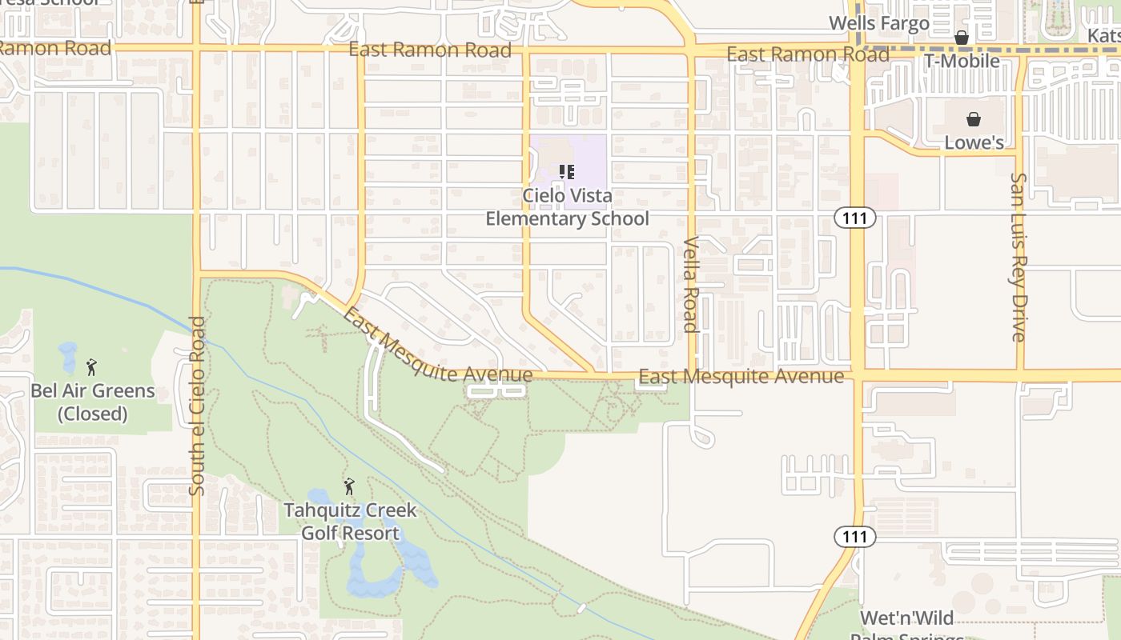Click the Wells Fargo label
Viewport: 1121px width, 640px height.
click(x=878, y=23)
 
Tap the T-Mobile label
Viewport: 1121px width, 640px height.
click(x=962, y=61)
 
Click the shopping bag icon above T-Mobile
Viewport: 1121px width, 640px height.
click(x=962, y=38)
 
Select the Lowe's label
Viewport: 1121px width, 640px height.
click(x=974, y=142)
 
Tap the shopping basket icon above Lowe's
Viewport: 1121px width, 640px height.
click(x=974, y=119)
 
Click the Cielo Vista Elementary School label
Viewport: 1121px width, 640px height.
click(x=567, y=207)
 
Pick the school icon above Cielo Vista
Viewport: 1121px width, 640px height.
click(x=567, y=172)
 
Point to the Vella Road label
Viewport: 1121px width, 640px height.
click(x=691, y=284)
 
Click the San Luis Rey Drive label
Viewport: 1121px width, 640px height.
click(x=1019, y=257)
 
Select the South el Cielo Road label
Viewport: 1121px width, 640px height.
click(x=198, y=406)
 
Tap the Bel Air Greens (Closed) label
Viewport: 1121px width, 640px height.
click(x=93, y=402)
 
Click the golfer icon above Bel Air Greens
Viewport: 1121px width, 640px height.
click(x=91, y=367)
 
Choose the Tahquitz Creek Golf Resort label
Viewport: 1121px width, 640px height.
click(x=350, y=522)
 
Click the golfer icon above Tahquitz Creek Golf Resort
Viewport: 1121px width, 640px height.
click(x=349, y=486)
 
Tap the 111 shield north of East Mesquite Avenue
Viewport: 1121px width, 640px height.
click(x=854, y=218)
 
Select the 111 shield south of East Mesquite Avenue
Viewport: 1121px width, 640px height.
click(x=854, y=537)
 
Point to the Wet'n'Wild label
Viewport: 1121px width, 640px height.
click(x=906, y=618)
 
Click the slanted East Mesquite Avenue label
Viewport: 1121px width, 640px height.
click(x=436, y=346)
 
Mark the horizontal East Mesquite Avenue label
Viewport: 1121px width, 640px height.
click(x=741, y=376)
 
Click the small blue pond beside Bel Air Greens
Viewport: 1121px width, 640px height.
click(x=68, y=356)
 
